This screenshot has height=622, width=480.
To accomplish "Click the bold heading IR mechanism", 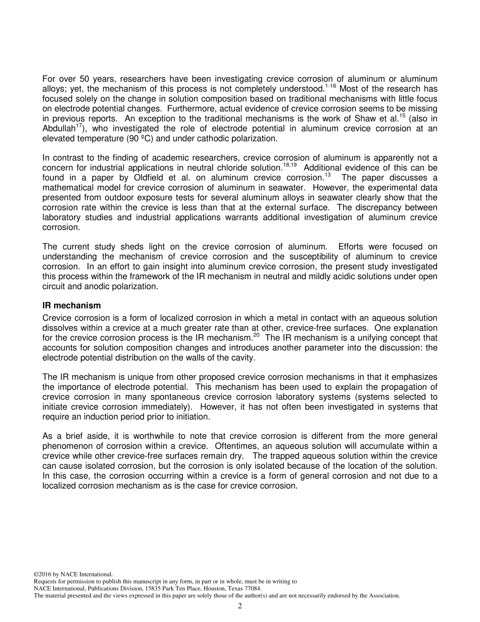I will [x=72, y=306].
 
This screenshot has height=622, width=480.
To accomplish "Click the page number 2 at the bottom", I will [x=240, y=606].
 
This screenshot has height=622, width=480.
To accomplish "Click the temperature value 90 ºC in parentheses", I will [x=143, y=139].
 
